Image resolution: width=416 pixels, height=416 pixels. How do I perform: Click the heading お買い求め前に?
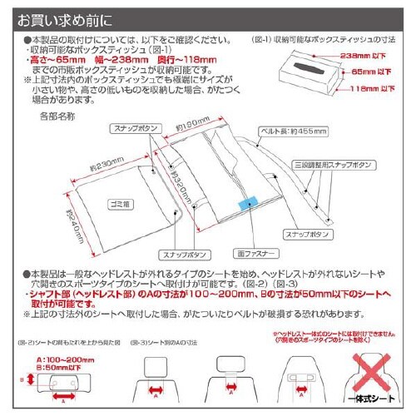click(x=62, y=17)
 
